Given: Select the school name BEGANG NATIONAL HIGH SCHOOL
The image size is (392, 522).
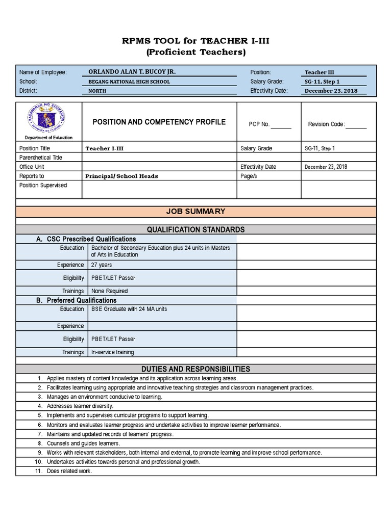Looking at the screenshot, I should point(129,82).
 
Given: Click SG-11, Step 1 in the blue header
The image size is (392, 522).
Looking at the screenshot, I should point(322,82).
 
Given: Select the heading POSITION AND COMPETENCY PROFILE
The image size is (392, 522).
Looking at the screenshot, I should point(159,122).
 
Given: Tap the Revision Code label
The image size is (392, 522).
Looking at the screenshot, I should point(327,124).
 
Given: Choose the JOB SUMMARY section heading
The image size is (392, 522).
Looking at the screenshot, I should point(196,212).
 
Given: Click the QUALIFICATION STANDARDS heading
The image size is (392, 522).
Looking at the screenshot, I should point(196,229).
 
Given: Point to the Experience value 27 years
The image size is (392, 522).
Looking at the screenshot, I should point(102,265).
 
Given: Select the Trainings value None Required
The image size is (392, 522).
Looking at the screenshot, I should point(109,291).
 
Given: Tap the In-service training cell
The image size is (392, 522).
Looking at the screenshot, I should point(112,352).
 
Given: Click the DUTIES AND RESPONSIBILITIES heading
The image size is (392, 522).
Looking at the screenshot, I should point(196,369).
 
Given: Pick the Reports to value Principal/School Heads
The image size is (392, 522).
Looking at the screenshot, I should point(122,176).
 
